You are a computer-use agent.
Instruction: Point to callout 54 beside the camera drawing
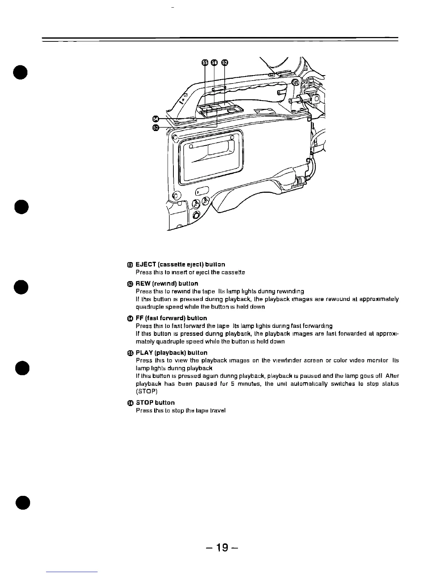(x=156, y=119)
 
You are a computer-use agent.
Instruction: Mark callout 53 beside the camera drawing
(x=156, y=127)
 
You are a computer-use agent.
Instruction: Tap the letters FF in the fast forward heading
(x=139, y=318)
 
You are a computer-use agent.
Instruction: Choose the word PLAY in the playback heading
(x=144, y=352)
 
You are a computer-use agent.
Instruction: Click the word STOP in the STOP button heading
(x=144, y=403)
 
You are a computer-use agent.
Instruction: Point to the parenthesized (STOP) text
(x=147, y=391)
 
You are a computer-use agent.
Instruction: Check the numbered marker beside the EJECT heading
(x=130, y=265)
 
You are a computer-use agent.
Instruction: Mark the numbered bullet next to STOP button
(x=130, y=403)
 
